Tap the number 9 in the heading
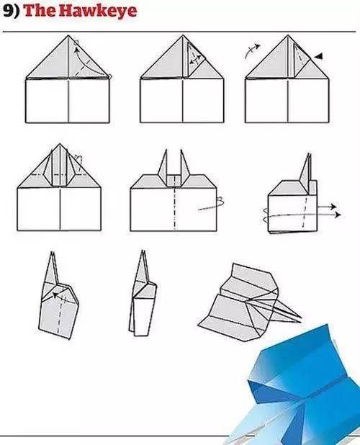coord(9,11)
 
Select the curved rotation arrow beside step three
coord(252,50)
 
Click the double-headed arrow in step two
coord(194,59)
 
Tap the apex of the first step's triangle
coord(68,35)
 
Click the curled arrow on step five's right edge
coord(212,205)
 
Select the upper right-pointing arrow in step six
coord(327,207)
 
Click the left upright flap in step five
coord(163,168)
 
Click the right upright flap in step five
coord(184,168)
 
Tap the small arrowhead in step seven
coord(55,295)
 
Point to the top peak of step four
coord(60,144)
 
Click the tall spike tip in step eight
coord(143,251)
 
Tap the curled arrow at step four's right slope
coord(79,161)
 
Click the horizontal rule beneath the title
coord(179,32)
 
